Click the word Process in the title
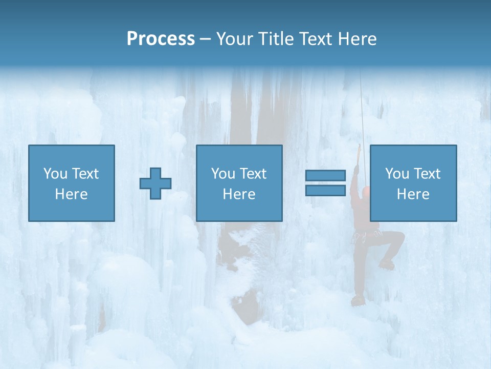[161, 39]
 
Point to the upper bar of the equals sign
[325, 176]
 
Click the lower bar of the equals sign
[325, 190]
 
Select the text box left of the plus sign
[72, 183]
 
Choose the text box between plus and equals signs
[239, 183]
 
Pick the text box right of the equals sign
[413, 183]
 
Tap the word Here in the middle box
[239, 194]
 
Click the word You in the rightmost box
[397, 174]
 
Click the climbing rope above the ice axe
[362, 108]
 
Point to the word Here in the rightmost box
[413, 194]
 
